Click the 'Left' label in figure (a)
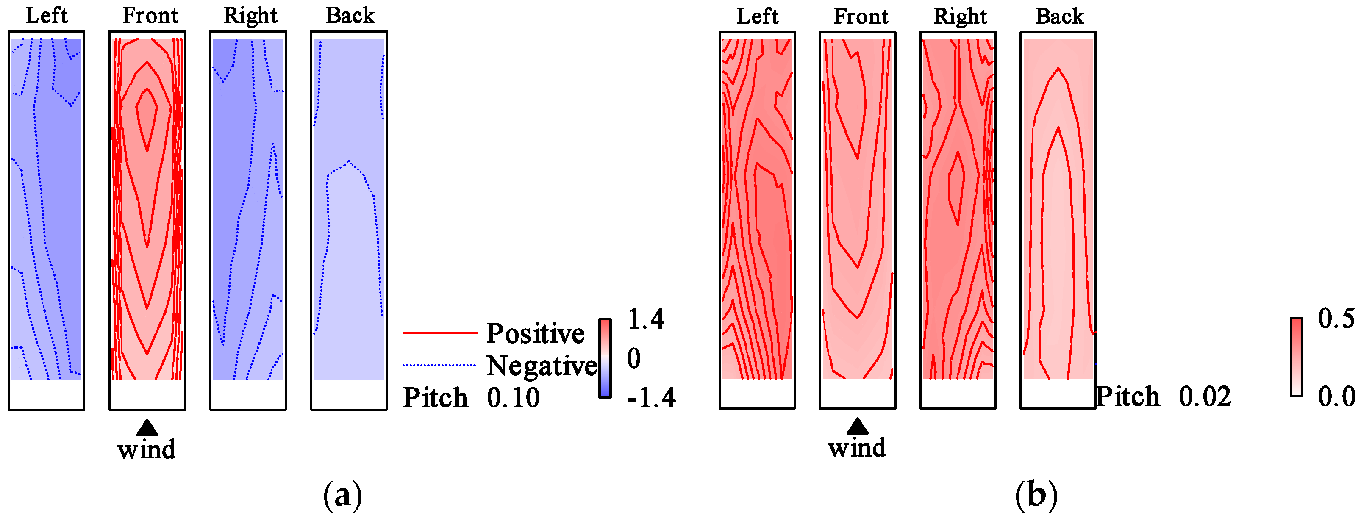click(47, 15)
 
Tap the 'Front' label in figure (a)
click(150, 15)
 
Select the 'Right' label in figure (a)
click(250, 16)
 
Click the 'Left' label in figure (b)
click(757, 17)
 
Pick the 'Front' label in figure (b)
click(861, 17)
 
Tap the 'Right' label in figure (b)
click(961, 17)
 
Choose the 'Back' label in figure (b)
click(1060, 17)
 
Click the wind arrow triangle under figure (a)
click(147, 427)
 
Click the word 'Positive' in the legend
click(535, 333)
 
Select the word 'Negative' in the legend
click(541, 366)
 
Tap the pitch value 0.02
click(1205, 396)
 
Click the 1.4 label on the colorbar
click(646, 319)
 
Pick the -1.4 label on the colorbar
click(651, 397)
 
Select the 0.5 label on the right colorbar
click(1336, 318)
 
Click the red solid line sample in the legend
click(440, 333)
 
